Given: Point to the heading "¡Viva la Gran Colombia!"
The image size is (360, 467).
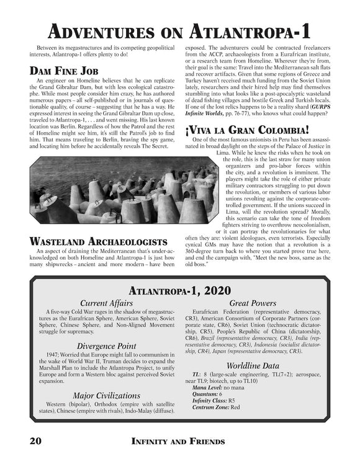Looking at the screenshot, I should [247, 130].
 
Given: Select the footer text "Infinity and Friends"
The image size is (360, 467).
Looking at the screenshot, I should [179, 442].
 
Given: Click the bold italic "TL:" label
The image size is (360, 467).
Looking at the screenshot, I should [196, 375].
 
